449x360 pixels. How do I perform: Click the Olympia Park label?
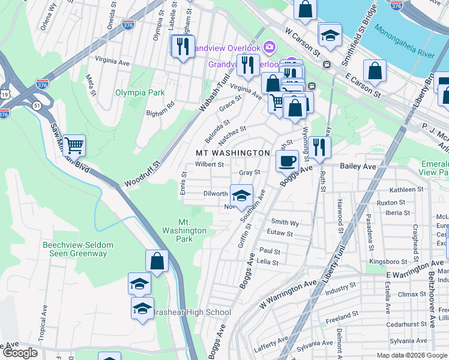[x=139, y=93]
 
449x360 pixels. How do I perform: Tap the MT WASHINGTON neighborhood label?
[x=233, y=153]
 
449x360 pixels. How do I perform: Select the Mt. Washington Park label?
[x=184, y=230]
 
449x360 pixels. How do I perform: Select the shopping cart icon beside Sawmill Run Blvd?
[x=74, y=145]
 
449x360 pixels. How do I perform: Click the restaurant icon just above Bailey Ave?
[x=319, y=147]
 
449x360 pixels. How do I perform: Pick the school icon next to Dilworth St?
[x=241, y=196]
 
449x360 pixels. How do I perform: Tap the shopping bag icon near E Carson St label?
[x=375, y=70]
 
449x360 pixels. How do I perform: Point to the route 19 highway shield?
[x=5, y=94]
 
